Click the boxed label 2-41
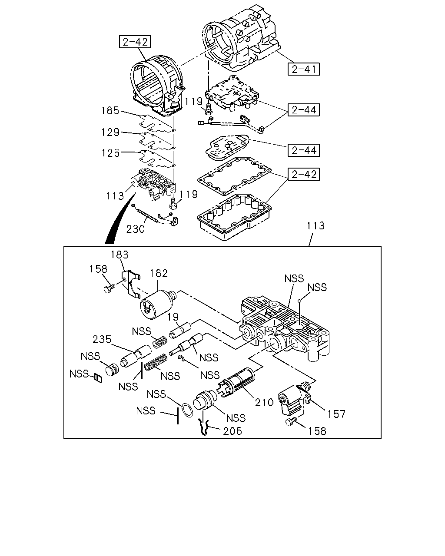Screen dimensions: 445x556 (304, 69)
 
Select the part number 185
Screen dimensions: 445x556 (110, 111)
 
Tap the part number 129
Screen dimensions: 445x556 (110, 132)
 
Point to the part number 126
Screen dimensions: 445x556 (110, 153)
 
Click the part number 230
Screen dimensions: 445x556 (135, 228)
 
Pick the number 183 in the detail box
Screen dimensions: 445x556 (120, 255)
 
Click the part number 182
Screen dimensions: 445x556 (159, 273)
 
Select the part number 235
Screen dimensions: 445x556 (102, 339)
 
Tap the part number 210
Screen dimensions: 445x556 (264, 402)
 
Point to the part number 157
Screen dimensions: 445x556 (336, 414)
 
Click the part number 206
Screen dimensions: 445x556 (232, 431)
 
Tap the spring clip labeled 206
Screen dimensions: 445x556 (204, 427)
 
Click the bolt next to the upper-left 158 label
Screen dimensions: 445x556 (109, 288)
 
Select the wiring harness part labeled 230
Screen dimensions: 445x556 (155, 216)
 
